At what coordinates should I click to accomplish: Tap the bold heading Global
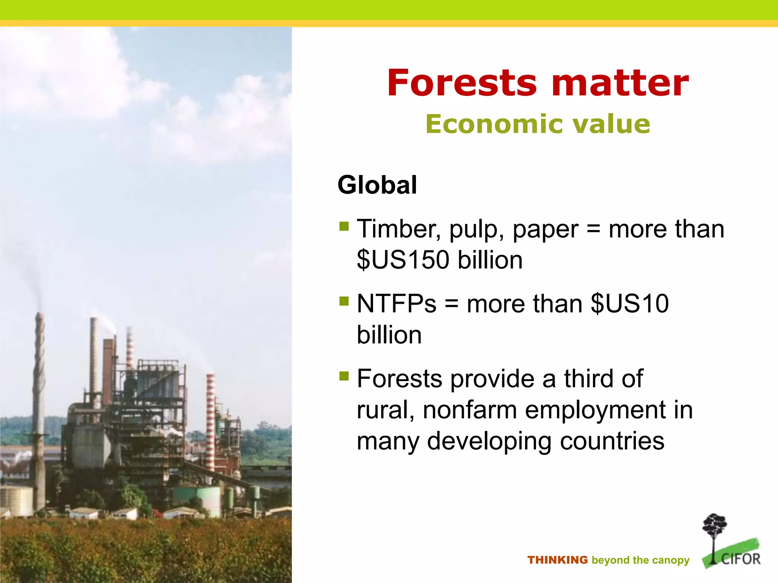[x=377, y=185]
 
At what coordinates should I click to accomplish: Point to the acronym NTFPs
[x=397, y=304]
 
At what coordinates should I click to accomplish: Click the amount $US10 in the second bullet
[x=629, y=304]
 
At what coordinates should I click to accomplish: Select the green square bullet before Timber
[x=344, y=227]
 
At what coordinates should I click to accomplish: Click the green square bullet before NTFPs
[x=344, y=301]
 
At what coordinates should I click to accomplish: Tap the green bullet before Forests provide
[x=344, y=376]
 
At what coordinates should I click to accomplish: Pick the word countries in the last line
[x=612, y=441]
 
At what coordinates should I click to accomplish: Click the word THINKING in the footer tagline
[x=557, y=560]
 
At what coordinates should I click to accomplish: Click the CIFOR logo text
[x=740, y=559]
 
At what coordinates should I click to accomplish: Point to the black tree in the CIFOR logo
[x=714, y=531]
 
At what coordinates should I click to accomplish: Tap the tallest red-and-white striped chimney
[x=210, y=418]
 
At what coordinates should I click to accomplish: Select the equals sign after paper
[x=593, y=229]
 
